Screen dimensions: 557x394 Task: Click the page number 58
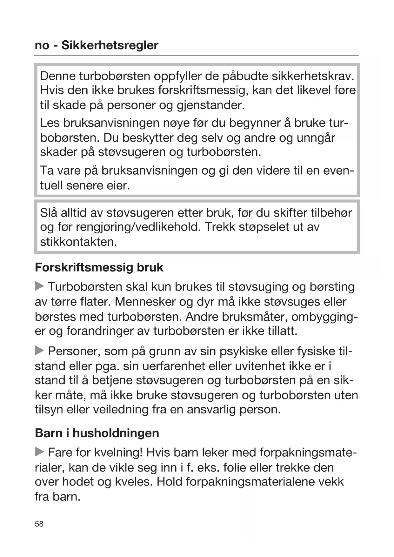click(39, 524)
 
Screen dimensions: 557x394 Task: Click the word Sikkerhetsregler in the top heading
click(110, 45)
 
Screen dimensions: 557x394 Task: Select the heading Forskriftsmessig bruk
click(99, 267)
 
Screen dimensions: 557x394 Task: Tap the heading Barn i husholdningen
click(97, 433)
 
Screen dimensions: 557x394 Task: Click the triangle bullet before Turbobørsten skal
click(39, 286)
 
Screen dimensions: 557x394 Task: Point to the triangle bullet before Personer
click(39, 351)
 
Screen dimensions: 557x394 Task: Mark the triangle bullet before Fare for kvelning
click(39, 452)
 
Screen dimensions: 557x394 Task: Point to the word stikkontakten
click(78, 242)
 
